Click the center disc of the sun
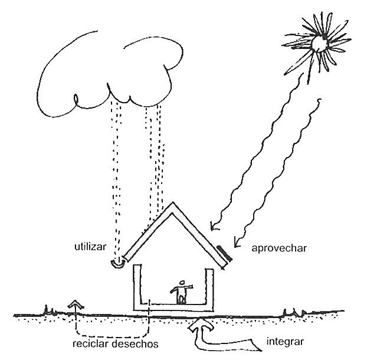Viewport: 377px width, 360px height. coord(320,42)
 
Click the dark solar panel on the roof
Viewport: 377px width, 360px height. coord(224,254)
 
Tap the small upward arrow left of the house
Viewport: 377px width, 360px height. coord(76,305)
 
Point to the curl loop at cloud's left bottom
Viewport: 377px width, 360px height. coord(76,99)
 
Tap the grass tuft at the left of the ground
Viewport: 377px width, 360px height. coord(49,309)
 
